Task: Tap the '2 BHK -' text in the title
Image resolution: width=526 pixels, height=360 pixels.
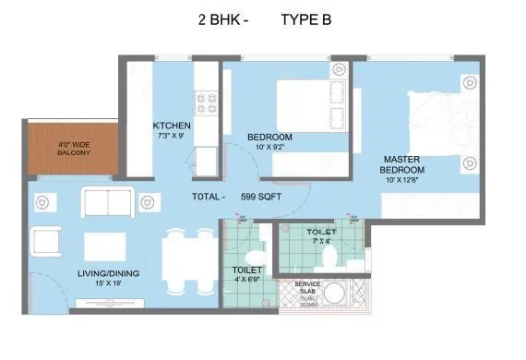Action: [x=221, y=18]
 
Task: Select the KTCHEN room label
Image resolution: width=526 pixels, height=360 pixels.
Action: [x=172, y=126]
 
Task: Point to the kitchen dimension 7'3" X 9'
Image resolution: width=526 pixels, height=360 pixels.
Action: [x=172, y=137]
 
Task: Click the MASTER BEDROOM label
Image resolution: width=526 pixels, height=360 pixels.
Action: [x=403, y=164]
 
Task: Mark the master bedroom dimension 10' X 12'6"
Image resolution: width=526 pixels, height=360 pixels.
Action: [x=403, y=181]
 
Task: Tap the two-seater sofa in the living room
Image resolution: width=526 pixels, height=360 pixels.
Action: [x=108, y=201]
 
